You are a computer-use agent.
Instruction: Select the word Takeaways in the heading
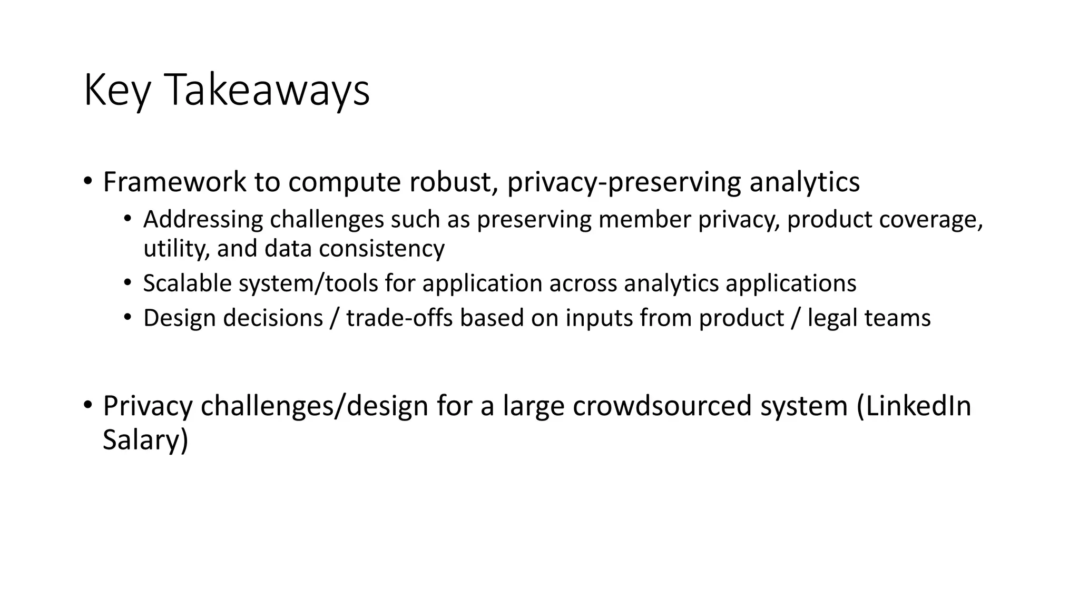click(x=267, y=91)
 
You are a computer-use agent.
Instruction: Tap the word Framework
click(x=174, y=182)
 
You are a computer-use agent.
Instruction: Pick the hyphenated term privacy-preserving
click(x=624, y=182)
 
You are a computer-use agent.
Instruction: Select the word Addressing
click(x=203, y=220)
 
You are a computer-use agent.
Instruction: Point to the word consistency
click(x=381, y=249)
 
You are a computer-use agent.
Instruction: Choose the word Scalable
click(x=188, y=283)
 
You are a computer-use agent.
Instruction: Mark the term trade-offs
click(x=399, y=318)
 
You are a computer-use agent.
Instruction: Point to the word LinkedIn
click(x=914, y=406)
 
